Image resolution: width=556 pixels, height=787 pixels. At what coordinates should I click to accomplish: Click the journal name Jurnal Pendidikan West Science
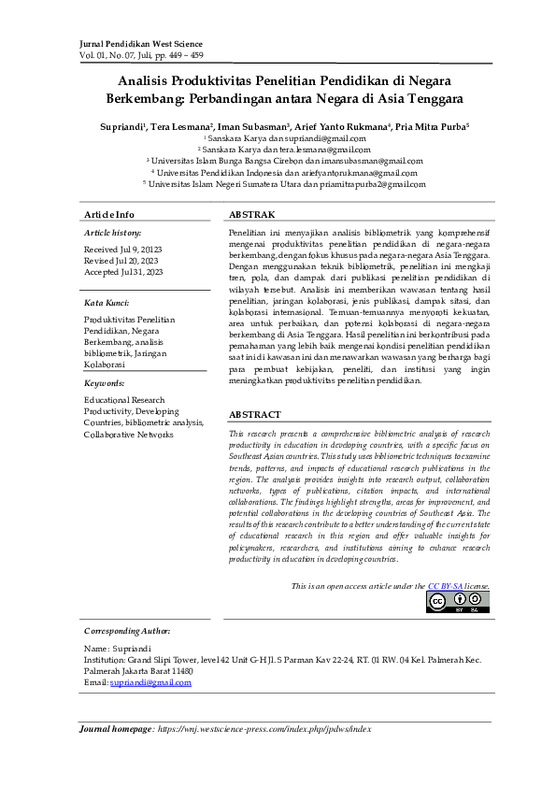coord(142,44)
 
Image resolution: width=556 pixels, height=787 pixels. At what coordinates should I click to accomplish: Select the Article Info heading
coord(109,215)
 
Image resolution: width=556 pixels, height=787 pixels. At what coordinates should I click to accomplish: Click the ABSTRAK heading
coord(252,215)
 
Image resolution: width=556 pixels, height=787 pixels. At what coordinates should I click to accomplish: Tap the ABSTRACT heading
coord(255,414)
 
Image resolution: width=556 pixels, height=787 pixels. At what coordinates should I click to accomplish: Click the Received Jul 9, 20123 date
coord(123,250)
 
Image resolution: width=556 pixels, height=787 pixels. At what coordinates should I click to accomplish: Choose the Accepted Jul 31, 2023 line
coord(123,272)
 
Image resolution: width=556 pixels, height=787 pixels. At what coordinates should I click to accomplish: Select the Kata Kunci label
coord(107,303)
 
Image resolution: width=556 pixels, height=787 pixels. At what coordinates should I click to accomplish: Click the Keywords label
coord(105,383)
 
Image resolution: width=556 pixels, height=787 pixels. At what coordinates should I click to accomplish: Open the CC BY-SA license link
coord(446,586)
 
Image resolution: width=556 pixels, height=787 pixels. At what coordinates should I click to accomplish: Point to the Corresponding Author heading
coord(127,631)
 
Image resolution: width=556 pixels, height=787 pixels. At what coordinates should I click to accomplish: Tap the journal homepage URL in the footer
coord(264,728)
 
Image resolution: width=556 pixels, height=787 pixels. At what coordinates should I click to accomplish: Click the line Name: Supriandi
coord(117,648)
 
